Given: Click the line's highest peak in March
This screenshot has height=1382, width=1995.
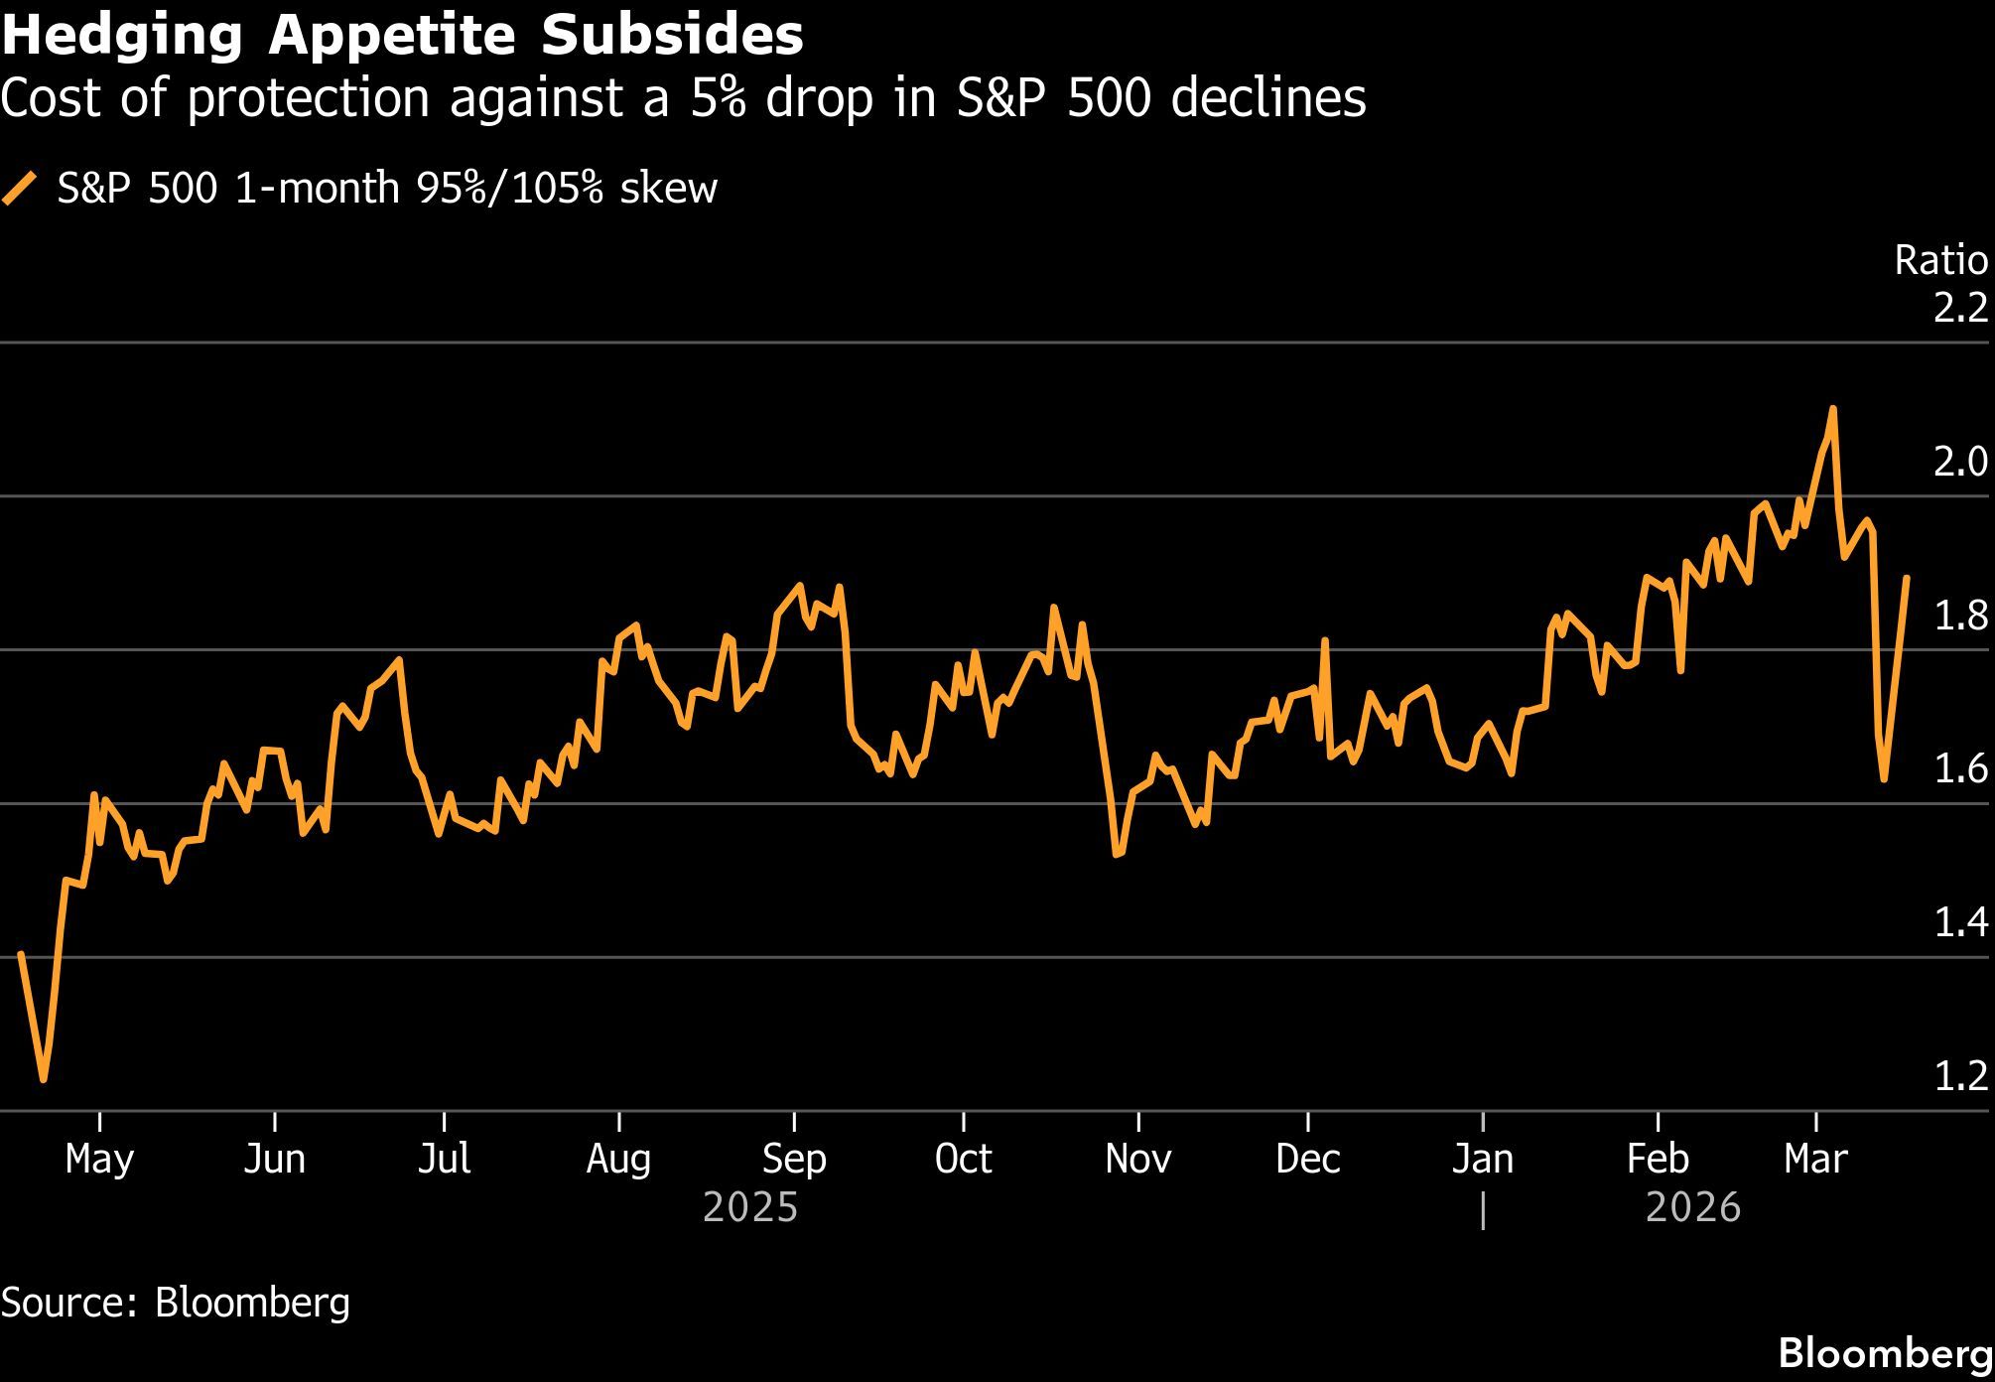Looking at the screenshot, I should click(1832, 408).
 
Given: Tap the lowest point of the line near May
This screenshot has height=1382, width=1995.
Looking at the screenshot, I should click(44, 1079).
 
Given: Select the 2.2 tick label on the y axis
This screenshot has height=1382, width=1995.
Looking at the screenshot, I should click(1960, 308).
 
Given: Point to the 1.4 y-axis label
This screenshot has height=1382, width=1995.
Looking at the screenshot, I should click(1960, 922).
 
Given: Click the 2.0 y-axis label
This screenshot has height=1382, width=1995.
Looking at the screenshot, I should click(1960, 462).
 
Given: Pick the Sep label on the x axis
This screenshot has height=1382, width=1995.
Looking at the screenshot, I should click(794, 1159).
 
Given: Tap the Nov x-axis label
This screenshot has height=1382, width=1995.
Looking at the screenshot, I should click(1137, 1159).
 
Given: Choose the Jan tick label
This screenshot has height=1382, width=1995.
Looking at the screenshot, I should click(1482, 1159).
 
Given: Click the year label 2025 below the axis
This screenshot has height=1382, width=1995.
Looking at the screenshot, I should click(749, 1207).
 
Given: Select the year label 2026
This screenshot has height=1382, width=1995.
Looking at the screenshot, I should click(1693, 1207).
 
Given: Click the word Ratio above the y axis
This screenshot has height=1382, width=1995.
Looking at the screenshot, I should click(1940, 261).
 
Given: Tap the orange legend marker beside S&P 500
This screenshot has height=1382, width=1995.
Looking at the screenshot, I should click(20, 188).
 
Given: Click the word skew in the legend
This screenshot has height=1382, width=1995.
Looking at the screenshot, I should click(668, 188).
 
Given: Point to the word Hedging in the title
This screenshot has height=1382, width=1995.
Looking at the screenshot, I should click(122, 37).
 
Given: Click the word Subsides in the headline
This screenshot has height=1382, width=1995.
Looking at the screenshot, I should click(672, 37).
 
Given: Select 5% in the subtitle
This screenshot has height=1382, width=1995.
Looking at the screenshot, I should click(719, 98).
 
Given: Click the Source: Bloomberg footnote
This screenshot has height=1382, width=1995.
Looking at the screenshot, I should click(176, 1302).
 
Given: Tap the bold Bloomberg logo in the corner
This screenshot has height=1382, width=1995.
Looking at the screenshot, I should click(1885, 1353).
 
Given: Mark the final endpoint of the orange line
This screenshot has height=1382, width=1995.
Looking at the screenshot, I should click(1907, 577).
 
